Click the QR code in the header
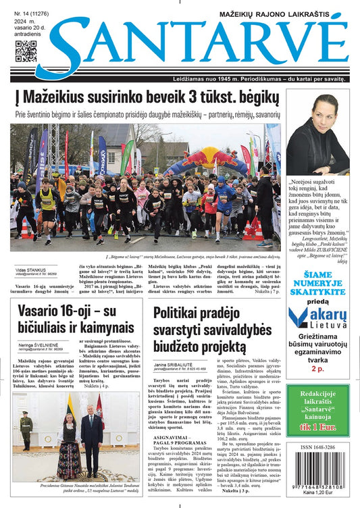click(x=26, y=52)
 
